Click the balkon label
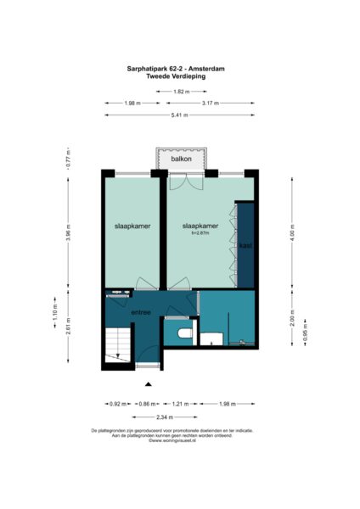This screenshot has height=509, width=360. [x=181, y=159]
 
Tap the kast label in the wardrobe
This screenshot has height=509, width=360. [x=245, y=246]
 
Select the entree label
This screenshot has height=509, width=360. [x=140, y=312]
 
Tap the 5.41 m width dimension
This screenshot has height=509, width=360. [x=180, y=115]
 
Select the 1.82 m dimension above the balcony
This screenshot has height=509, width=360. [x=180, y=91]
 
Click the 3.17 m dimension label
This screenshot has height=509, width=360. [x=211, y=103]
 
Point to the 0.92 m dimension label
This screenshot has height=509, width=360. [x=117, y=404]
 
